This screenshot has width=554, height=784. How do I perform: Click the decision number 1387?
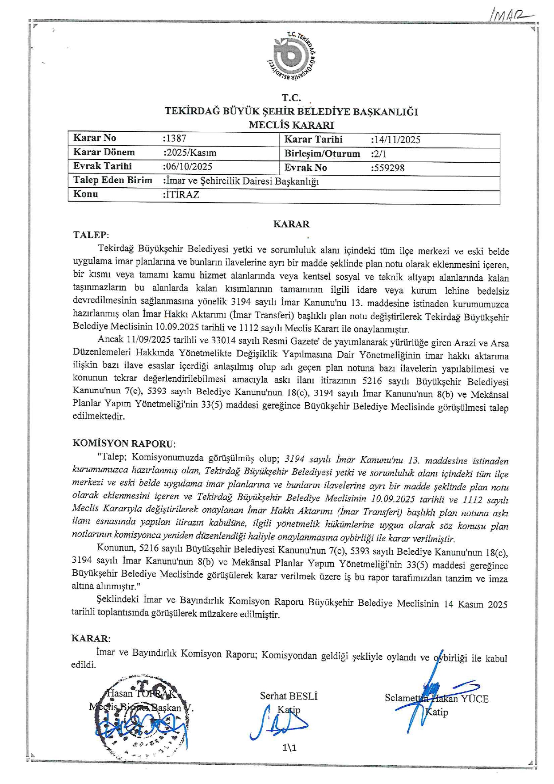176,139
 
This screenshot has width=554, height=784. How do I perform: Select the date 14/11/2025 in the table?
396,140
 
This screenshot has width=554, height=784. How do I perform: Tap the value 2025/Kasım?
190,153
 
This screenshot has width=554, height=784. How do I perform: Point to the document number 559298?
388,168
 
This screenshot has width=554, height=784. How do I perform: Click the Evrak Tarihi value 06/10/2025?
188,167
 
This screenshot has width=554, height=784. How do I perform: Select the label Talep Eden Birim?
113,180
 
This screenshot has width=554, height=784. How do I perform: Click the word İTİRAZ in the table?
182,194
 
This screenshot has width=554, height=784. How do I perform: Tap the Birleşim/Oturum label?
322,154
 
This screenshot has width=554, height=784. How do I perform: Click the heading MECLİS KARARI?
291,125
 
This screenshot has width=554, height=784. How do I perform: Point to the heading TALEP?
91,235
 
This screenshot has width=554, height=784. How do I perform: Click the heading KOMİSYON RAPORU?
124,444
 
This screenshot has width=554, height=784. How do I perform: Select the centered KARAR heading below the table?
291,224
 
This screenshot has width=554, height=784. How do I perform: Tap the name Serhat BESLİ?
289,696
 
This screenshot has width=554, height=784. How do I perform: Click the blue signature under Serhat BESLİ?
279,723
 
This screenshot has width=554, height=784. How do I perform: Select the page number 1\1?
290,747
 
